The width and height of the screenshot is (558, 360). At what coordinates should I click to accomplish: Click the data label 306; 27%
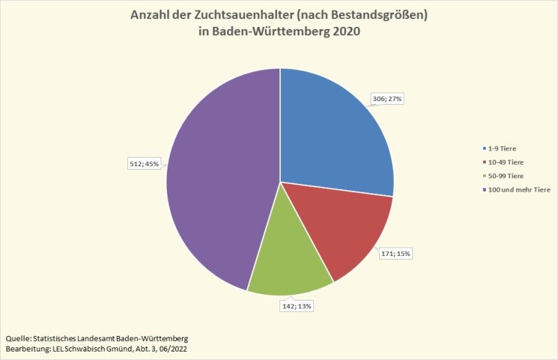[387, 99]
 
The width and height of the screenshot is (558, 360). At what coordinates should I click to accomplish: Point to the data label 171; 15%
[395, 253]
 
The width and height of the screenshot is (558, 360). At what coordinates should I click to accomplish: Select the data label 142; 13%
[297, 306]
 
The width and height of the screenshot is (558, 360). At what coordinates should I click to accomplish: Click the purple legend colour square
[482, 189]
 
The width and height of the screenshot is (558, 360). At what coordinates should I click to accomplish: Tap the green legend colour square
[482, 175]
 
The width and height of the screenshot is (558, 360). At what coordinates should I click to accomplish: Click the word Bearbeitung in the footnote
[28, 349]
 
